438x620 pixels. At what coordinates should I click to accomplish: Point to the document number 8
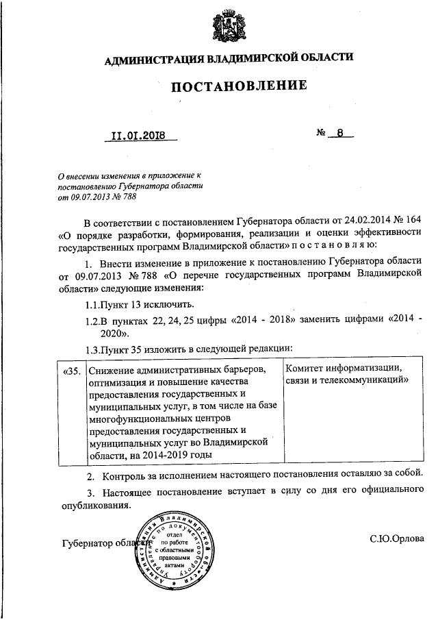[x=339, y=134]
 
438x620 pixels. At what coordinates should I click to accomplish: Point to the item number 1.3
[x=92, y=349]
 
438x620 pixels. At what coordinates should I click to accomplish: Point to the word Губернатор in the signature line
[x=88, y=543]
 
